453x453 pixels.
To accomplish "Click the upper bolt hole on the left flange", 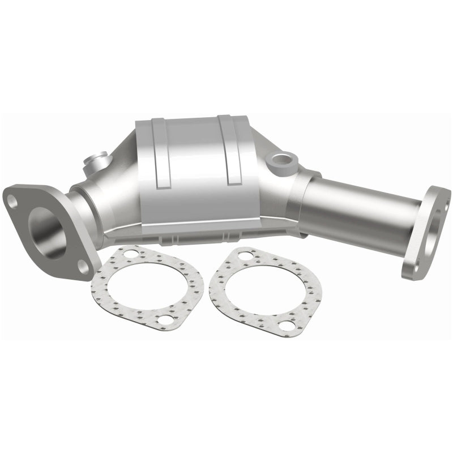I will pos(12,199).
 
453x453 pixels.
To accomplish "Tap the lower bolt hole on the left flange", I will pos(83,264).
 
